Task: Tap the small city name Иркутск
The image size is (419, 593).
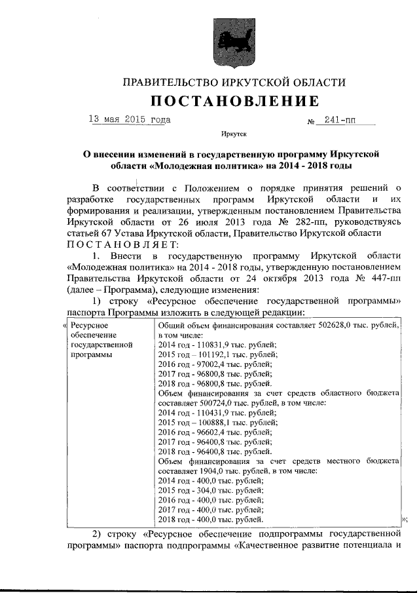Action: pyautogui.click(x=234, y=133)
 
